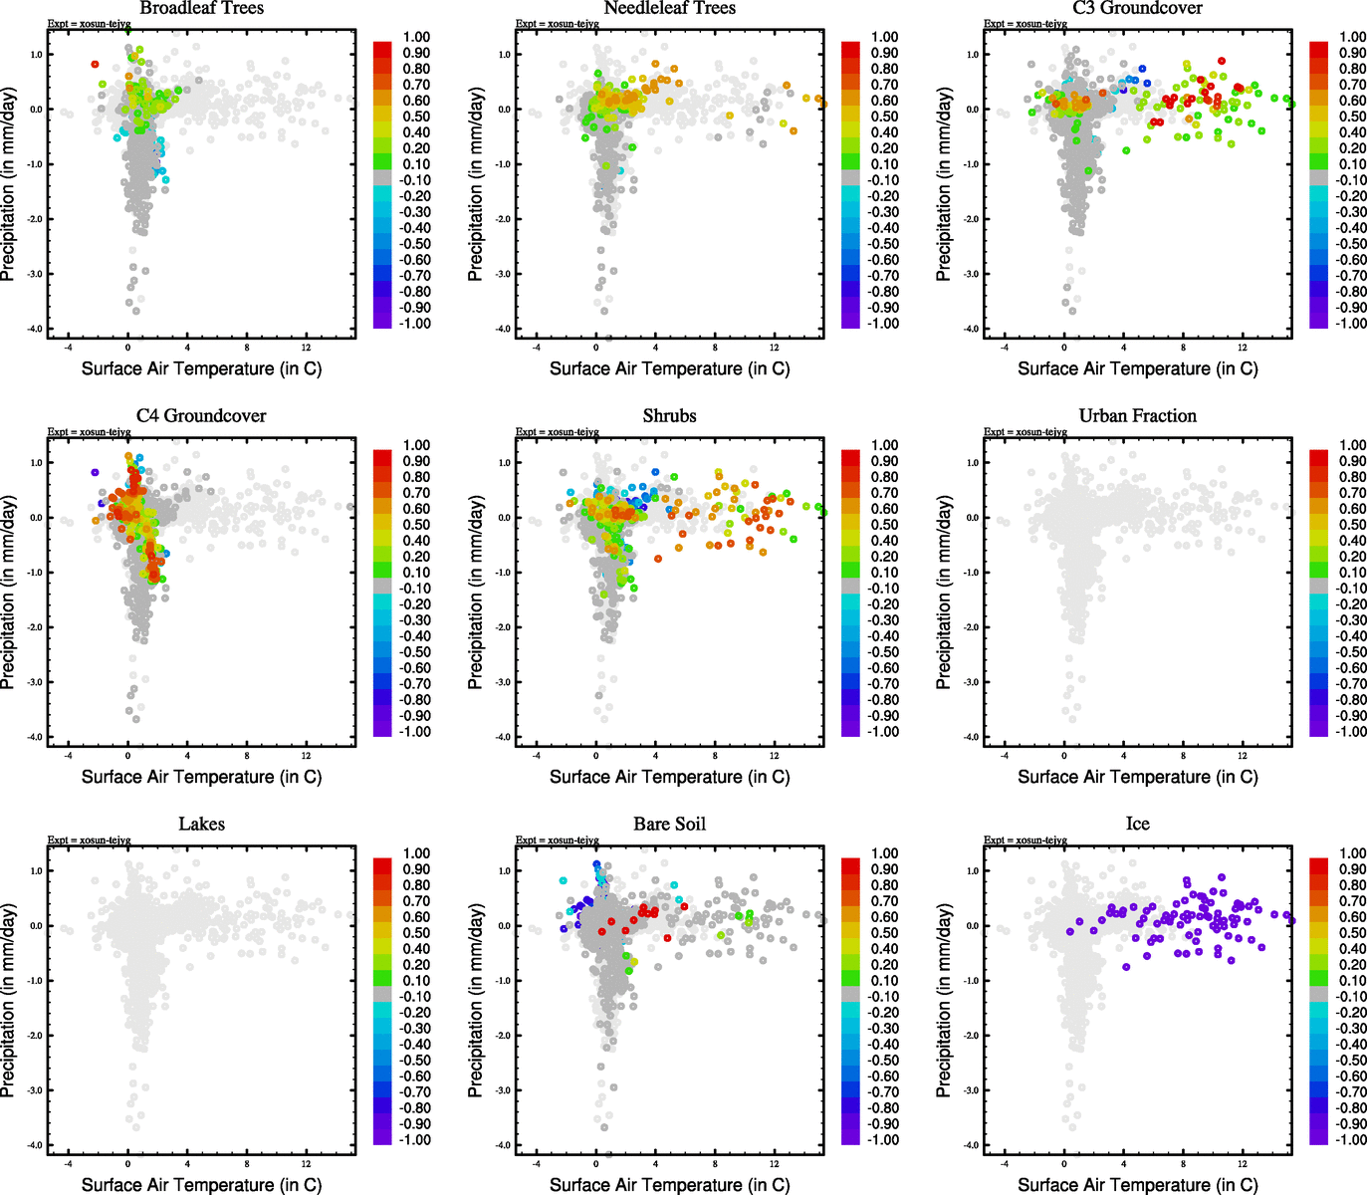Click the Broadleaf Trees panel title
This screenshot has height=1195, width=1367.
[x=201, y=8]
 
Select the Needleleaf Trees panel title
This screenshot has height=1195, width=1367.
[x=669, y=8]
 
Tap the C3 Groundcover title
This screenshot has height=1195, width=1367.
[x=1137, y=8]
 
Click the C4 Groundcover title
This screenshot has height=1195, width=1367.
[x=201, y=416]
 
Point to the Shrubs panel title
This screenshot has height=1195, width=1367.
[x=669, y=416]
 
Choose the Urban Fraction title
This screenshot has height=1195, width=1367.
[x=1137, y=416]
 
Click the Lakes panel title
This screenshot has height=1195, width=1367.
[x=201, y=825]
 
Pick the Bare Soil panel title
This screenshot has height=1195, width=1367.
[x=669, y=825]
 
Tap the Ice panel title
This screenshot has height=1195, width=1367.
[x=1137, y=825]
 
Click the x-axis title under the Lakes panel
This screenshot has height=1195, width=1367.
[x=201, y=1185]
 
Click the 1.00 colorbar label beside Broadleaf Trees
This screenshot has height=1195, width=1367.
[x=416, y=37]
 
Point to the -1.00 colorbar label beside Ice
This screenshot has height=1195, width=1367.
[x=1351, y=1140]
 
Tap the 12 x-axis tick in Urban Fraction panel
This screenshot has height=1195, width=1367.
[x=1243, y=756]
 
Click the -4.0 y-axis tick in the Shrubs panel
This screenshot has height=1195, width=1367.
[x=506, y=738]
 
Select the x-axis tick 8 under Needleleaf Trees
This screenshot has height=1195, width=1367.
[x=715, y=348]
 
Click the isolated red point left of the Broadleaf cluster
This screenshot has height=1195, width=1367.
[x=95, y=64]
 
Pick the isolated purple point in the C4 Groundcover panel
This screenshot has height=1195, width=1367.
[x=95, y=472]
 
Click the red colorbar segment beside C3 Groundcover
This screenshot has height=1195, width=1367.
[x=1319, y=49]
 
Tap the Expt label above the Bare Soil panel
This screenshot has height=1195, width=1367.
[x=558, y=840]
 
